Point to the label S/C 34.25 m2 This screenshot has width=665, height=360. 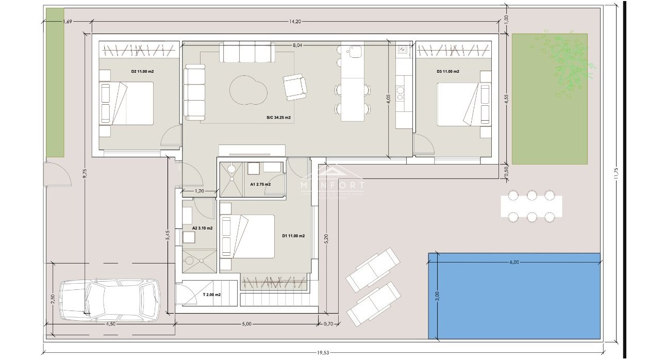pos(278,118)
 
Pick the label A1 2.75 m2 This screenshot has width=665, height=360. pos(260,184)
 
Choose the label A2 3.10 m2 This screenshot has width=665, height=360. pos(202,227)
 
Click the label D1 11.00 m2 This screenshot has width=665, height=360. pos(293,236)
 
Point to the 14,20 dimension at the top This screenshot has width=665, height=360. pos(294,22)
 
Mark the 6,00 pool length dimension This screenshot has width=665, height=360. pos(514,262)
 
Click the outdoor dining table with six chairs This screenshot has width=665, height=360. pos(531,206)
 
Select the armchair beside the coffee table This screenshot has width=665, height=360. pos(295,87)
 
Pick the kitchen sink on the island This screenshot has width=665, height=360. pos(355,51)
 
